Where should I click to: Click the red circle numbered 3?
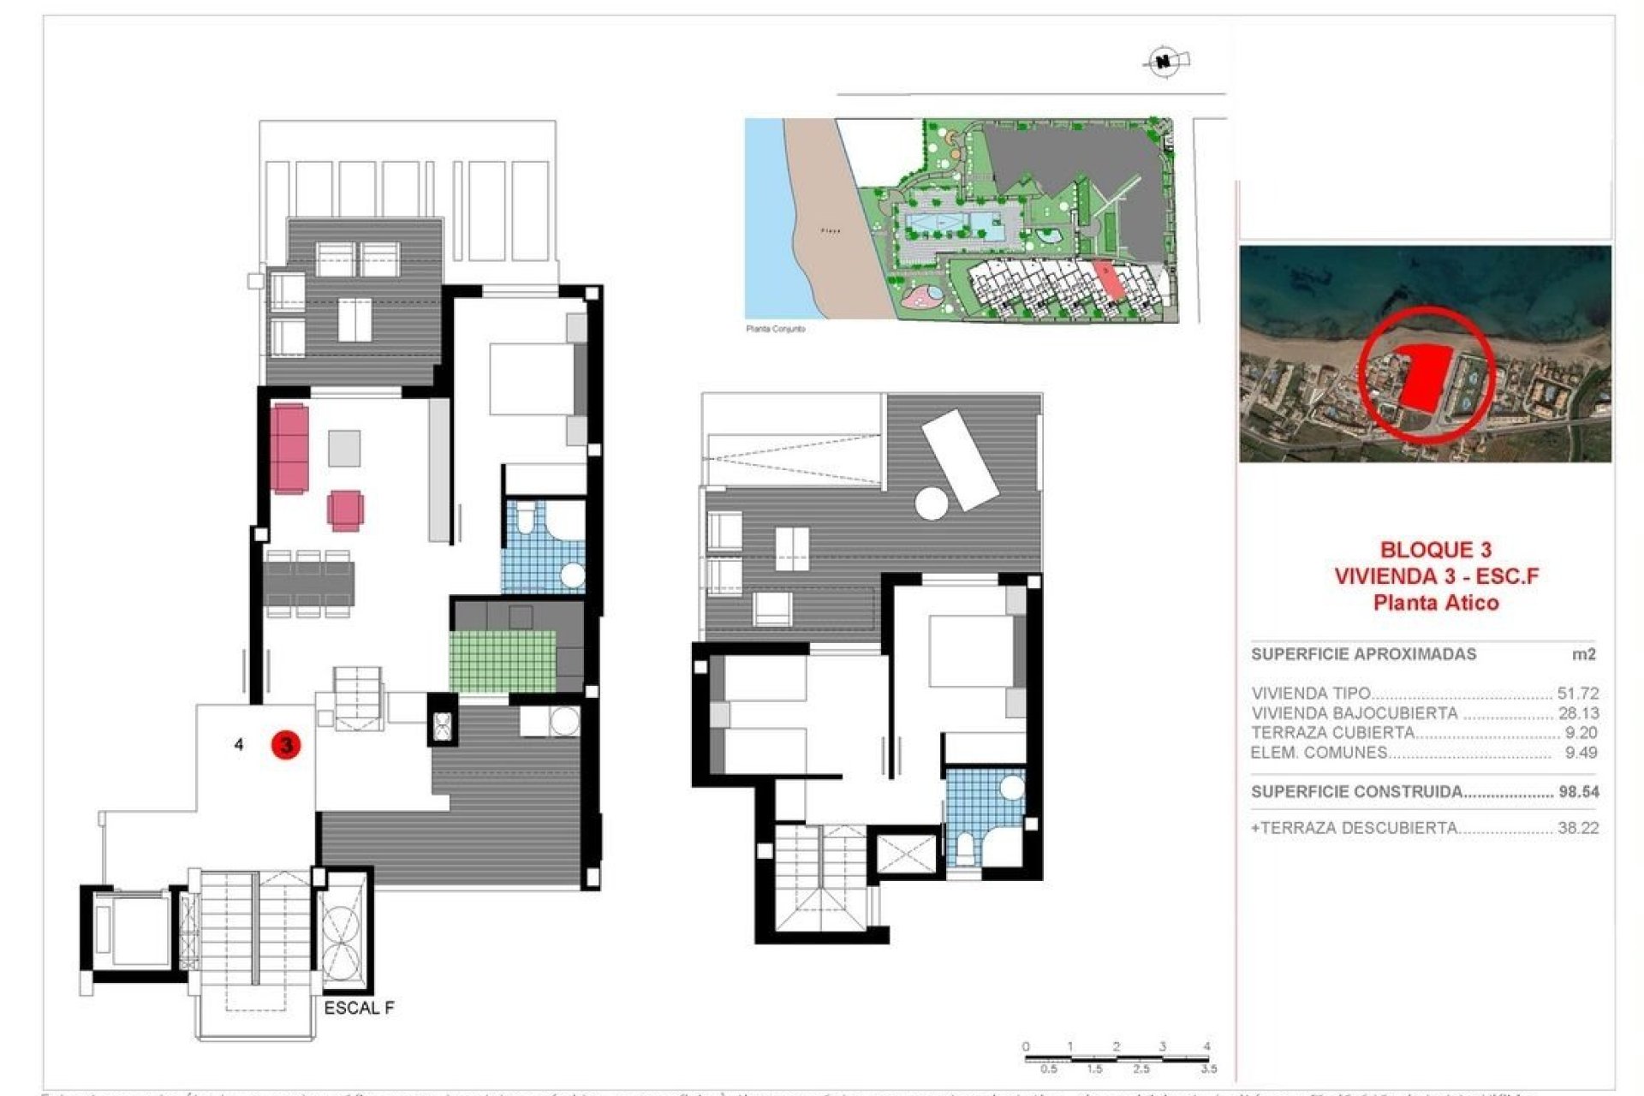286,744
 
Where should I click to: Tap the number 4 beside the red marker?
239,744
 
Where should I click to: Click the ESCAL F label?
359,1008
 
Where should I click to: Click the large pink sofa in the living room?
289,449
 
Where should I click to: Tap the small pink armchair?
345,510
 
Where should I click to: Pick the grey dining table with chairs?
308,584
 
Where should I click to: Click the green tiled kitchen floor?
501,661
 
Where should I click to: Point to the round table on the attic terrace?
931,503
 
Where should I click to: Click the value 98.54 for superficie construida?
1578,792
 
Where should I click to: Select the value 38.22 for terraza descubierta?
1578,828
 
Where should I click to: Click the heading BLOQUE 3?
1435,550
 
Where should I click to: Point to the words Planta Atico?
1435,603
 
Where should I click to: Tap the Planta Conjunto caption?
775,329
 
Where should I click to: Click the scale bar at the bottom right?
1117,1058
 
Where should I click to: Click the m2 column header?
1583,654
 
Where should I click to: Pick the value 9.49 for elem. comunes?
1581,753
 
